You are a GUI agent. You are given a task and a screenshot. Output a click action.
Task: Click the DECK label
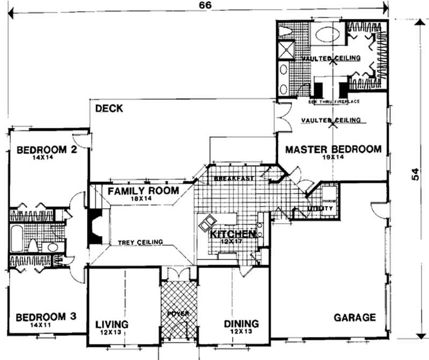109,109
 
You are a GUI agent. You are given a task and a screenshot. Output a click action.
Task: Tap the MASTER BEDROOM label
333,149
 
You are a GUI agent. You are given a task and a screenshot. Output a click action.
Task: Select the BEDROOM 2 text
45,150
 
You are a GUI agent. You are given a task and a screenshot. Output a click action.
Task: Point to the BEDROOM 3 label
45,317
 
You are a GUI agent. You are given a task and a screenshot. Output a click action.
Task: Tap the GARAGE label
354,317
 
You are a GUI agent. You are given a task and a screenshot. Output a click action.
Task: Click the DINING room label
241,324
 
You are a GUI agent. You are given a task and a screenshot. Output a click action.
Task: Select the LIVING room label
112,324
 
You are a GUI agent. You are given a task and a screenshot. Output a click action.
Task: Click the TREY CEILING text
140,243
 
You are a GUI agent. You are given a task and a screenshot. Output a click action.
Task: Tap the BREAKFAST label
233,178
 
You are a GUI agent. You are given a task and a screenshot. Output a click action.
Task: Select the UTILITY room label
321,208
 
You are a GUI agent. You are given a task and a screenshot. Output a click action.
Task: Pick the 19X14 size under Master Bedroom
332,158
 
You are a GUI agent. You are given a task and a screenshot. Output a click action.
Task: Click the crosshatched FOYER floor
179,306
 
